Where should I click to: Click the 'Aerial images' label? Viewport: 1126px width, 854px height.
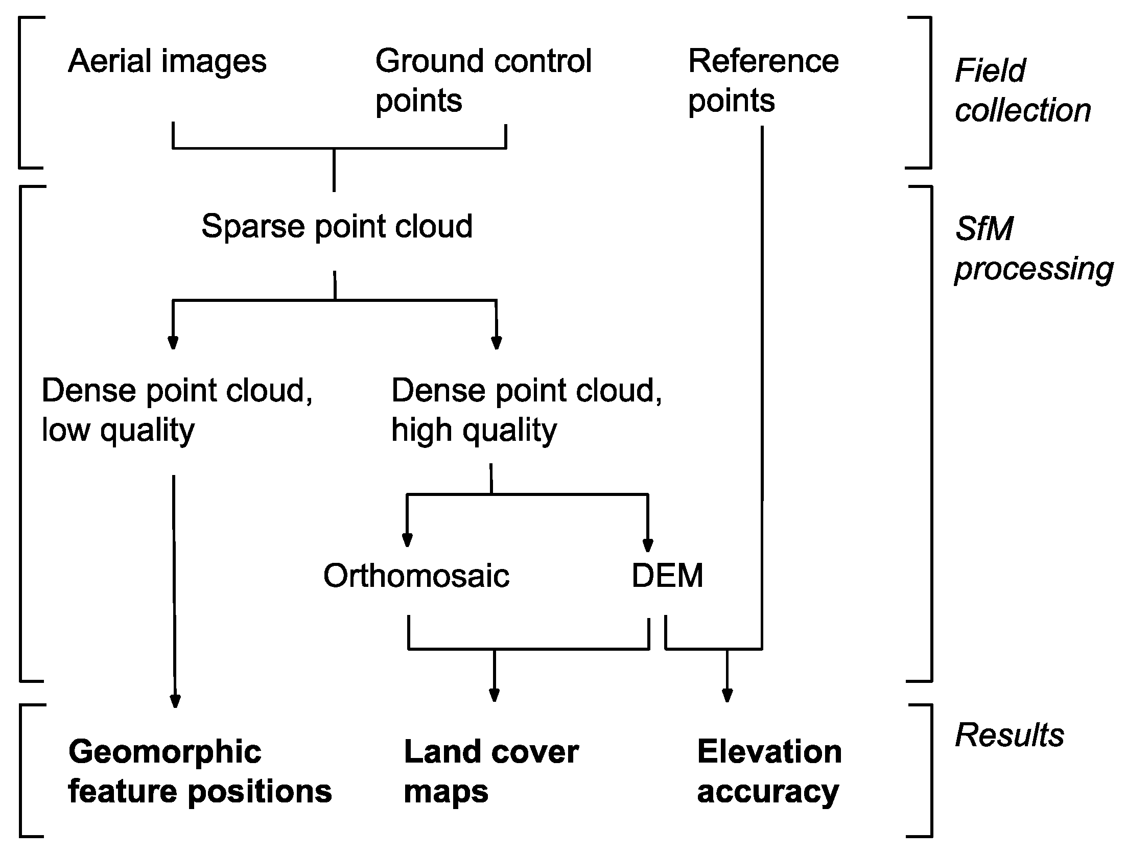click(x=167, y=62)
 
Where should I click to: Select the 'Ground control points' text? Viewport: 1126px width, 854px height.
click(x=482, y=80)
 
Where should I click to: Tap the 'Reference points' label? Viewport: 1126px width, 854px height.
click(x=763, y=80)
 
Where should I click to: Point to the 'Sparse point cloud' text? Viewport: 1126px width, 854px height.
click(x=337, y=226)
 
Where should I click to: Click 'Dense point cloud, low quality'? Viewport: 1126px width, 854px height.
click(x=177, y=410)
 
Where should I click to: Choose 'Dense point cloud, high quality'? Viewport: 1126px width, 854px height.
click(x=526, y=410)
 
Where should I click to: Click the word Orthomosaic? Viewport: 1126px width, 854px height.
click(x=416, y=576)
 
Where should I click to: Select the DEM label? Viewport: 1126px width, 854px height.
click(x=667, y=576)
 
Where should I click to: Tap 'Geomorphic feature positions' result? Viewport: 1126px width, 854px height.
click(x=200, y=771)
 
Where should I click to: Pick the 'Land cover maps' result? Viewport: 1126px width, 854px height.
click(x=490, y=771)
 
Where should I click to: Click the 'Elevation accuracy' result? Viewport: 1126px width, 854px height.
click(x=769, y=771)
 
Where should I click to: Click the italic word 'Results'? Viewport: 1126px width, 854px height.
click(x=1010, y=736)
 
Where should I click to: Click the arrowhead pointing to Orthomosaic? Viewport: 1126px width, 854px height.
click(x=407, y=540)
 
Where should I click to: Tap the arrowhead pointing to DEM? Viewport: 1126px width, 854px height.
click(x=648, y=545)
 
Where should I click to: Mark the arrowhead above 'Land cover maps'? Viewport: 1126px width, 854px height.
click(x=494, y=695)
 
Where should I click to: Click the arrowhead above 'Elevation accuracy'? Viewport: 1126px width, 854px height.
click(x=727, y=695)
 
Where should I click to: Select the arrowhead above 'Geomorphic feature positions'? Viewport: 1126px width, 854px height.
click(x=175, y=701)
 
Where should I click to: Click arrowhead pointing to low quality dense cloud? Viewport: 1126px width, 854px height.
click(x=173, y=342)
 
